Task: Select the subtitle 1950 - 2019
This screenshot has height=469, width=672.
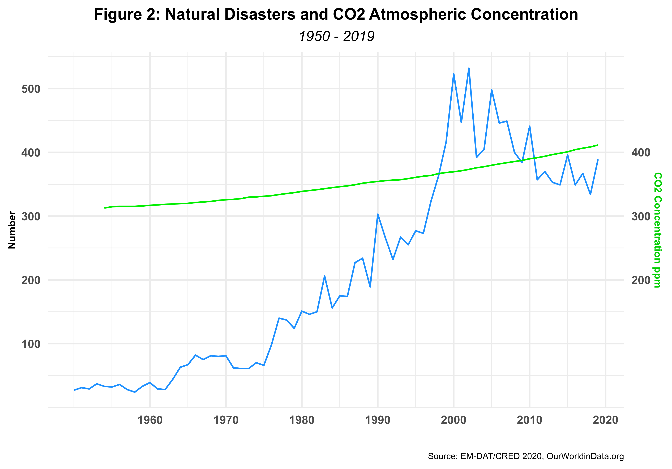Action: pos(337,36)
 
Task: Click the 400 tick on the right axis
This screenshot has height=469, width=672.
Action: pos(640,152)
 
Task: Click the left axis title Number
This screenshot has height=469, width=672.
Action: pos(12,230)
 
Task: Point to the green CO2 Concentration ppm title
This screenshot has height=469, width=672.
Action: pos(658,230)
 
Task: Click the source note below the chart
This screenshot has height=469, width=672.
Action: pos(526,456)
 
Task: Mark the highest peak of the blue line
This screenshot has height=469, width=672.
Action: pos(469,68)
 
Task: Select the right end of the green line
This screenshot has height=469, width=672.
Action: pos(597,145)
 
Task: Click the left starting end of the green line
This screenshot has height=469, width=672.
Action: pos(105,208)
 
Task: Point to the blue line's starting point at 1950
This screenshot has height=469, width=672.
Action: pos(74,390)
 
